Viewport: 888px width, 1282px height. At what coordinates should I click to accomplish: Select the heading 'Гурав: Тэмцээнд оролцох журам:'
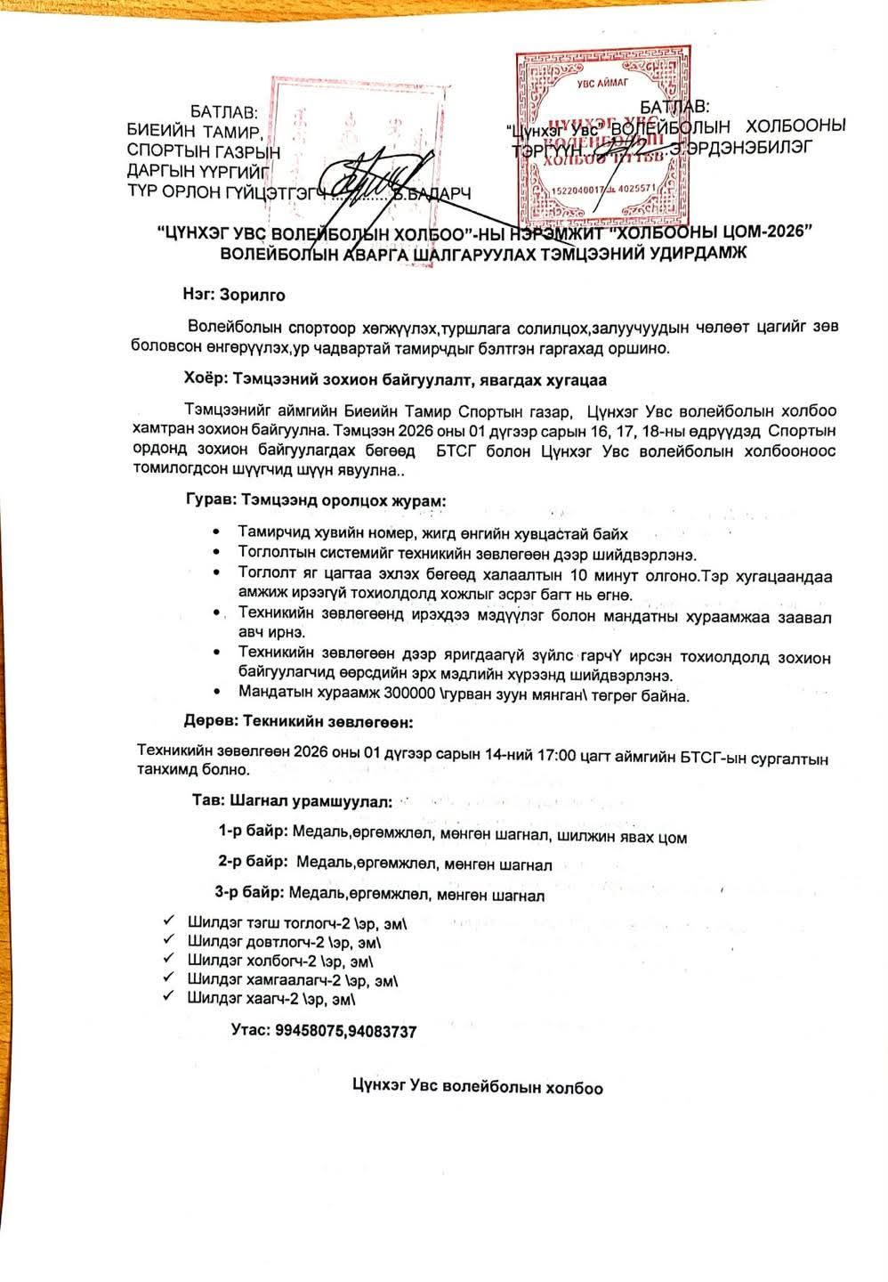pos(316,500)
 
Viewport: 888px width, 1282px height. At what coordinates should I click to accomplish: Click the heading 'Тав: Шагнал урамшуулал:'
pos(292,801)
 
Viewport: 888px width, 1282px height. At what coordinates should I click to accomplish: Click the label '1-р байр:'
pos(253,832)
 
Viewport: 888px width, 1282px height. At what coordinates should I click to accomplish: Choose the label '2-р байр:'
pos(253,862)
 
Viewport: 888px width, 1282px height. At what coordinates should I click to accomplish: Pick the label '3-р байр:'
pos(249,892)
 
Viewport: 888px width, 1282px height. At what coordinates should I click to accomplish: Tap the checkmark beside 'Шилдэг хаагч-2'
pos(169,997)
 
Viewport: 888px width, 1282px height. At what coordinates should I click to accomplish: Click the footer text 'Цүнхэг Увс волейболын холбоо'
pos(477,1087)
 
